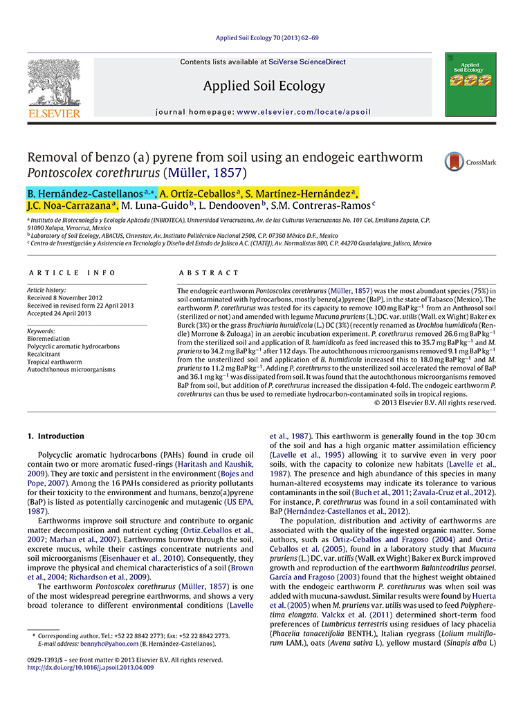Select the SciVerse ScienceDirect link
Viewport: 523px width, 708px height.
point(307,62)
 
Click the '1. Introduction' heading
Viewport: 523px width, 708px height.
point(55,436)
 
